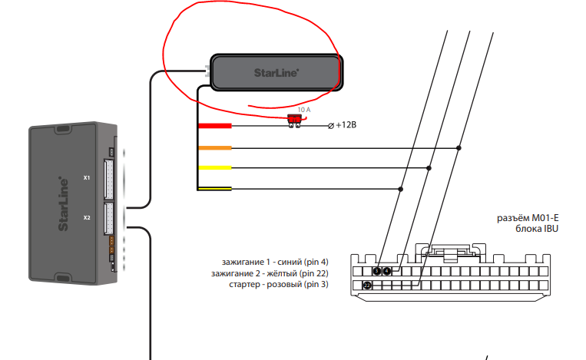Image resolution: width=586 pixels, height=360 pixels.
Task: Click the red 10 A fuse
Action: click(x=293, y=120)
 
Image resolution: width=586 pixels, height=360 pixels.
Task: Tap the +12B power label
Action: click(x=346, y=125)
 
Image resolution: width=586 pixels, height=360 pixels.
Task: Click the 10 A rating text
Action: click(x=303, y=110)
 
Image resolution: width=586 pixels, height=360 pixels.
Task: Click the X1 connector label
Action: click(x=87, y=178)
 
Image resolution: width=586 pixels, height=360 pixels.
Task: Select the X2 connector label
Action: click(x=87, y=217)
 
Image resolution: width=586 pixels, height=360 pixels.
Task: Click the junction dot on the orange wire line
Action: click(x=459, y=148)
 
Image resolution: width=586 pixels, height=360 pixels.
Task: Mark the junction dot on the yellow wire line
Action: click(x=429, y=168)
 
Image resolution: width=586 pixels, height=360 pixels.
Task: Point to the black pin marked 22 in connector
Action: click(x=377, y=271)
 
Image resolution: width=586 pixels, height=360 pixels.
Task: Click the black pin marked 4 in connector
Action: click(x=387, y=271)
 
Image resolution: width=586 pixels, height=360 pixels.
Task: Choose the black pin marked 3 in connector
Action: click(x=368, y=286)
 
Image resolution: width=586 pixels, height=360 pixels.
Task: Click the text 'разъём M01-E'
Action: click(x=528, y=217)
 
